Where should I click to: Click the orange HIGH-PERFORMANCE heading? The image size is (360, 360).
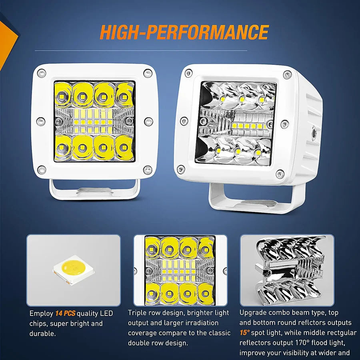pos(184,32)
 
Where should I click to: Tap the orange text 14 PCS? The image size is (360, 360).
pos(65,313)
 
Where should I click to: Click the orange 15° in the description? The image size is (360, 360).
pos(244,333)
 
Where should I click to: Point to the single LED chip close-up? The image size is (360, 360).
pos(74,270)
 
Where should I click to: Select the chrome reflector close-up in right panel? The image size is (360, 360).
pos(291,270)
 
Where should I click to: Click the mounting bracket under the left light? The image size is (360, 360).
pos(94,190)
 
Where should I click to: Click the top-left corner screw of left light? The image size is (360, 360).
pos(42,73)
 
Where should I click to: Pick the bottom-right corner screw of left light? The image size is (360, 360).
pos(147,170)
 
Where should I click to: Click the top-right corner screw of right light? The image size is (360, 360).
pos(287,75)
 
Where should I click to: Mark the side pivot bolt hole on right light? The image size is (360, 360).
pos(314,133)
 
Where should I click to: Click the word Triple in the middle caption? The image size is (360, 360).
pos(137,313)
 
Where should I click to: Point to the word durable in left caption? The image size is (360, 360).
pos(42,333)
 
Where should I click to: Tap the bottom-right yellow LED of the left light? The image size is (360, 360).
pos(124,147)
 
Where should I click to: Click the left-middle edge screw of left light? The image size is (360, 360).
pos(41,122)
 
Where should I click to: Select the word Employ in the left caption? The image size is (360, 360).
pos(41,314)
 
